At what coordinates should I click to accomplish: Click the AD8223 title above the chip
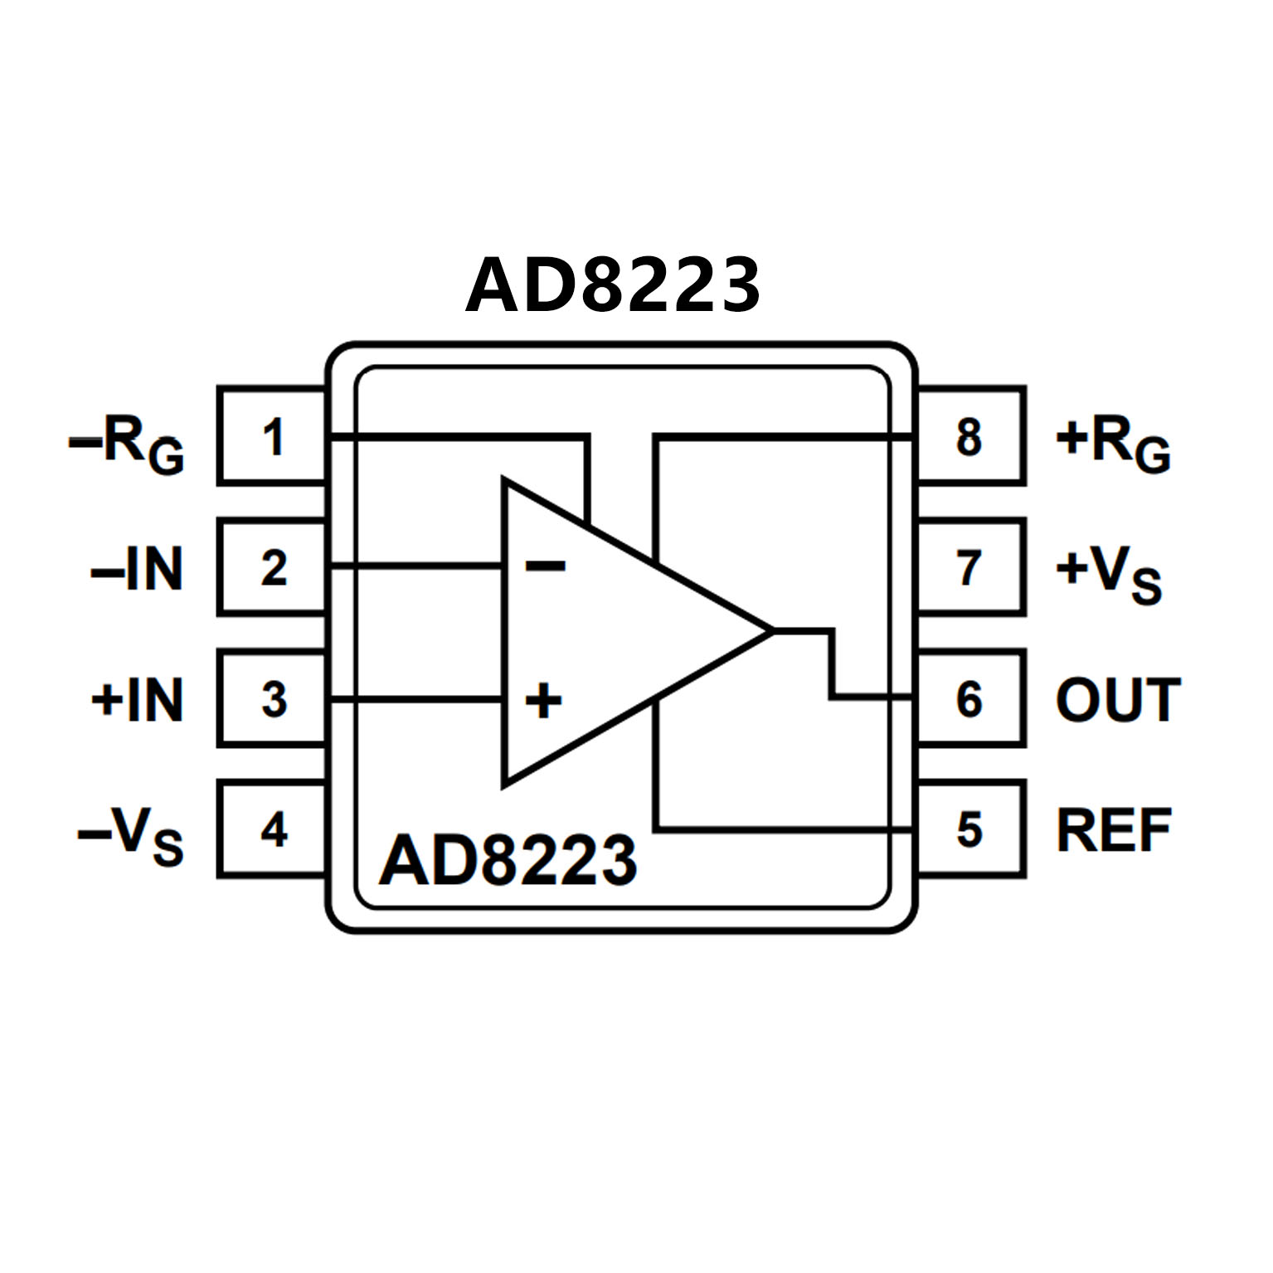(x=612, y=285)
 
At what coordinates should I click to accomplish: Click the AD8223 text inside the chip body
(x=508, y=860)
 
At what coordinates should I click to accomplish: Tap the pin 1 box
(x=272, y=436)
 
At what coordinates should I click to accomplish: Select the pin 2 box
(x=272, y=568)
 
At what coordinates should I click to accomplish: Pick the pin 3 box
(x=272, y=698)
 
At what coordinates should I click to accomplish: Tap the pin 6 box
(x=970, y=698)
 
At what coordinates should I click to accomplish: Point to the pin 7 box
(x=970, y=568)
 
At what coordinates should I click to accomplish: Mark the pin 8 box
(x=970, y=436)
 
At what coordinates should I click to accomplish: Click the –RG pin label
(x=127, y=443)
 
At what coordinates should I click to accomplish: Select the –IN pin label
(x=137, y=569)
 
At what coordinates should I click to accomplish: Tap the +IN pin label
(x=137, y=700)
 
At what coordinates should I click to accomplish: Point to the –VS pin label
(x=131, y=834)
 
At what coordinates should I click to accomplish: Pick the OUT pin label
(x=1117, y=700)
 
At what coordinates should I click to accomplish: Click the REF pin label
(x=1113, y=829)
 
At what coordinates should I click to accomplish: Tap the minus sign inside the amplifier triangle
(x=545, y=566)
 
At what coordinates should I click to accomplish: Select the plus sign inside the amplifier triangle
(x=544, y=700)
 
